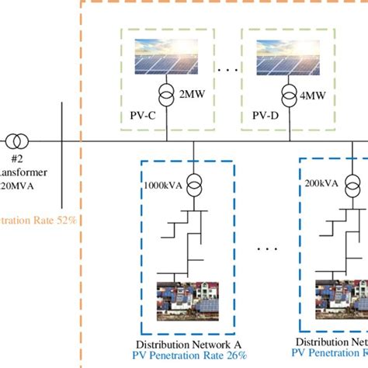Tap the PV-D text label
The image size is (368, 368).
coord(266,116)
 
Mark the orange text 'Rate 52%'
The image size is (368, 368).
coord(47,220)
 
